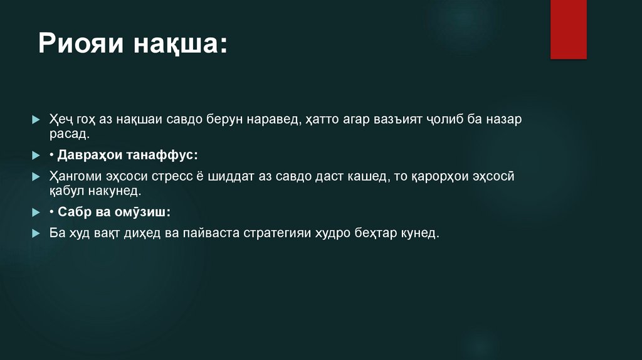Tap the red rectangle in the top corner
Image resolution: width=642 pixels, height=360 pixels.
(x=568, y=29)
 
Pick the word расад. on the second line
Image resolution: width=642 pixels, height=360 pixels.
(x=70, y=134)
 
